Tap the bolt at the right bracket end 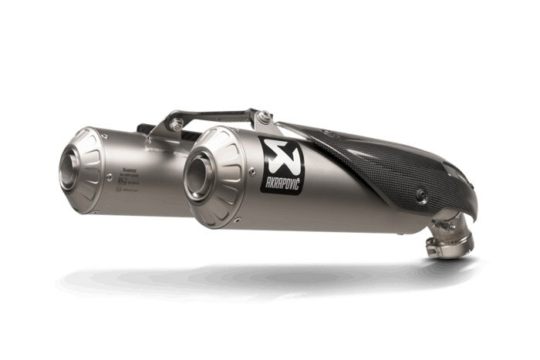265,117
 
